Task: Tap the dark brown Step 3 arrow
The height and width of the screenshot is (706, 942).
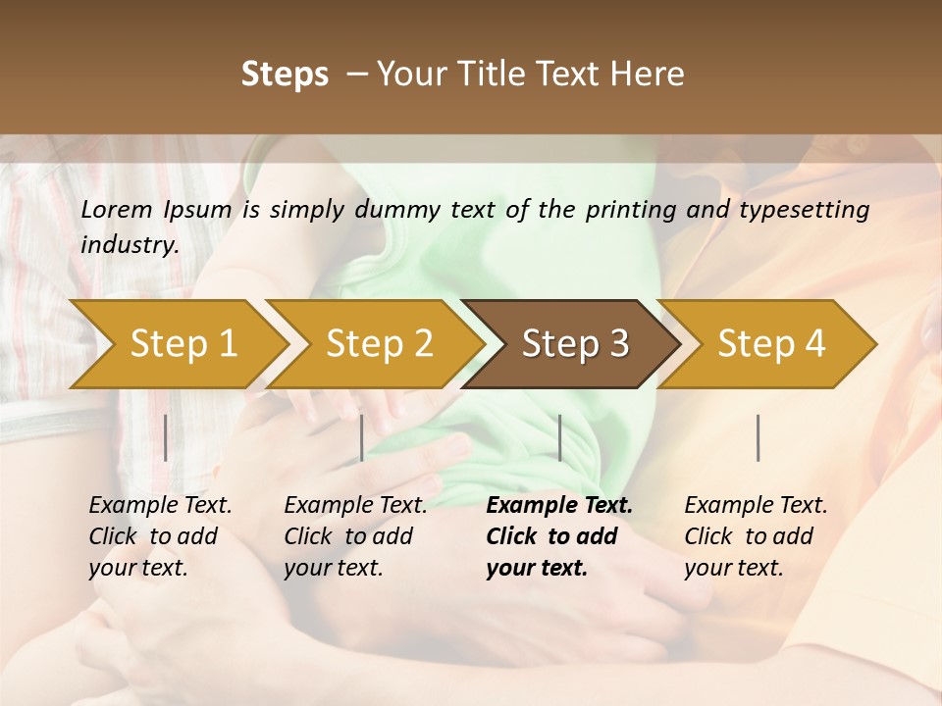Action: coord(575,344)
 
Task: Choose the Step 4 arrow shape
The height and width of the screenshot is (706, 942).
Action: coord(771,344)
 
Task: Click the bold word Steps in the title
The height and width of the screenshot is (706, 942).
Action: coord(285,75)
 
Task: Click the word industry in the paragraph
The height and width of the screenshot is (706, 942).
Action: coord(129,244)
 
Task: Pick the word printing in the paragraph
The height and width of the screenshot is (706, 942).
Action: coord(629,210)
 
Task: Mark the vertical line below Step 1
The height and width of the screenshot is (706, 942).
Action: coord(166,437)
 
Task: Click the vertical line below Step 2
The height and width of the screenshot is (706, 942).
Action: coord(362,437)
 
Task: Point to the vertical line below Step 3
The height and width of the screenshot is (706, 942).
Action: coord(560,437)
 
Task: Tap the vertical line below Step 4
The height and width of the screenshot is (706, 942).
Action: coord(759,437)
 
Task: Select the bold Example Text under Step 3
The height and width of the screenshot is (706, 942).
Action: coord(559,506)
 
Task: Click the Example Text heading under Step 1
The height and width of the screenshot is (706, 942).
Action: coord(160,506)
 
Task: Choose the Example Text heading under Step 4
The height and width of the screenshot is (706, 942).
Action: coord(756,506)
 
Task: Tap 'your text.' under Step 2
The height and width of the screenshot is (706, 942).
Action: coord(333,568)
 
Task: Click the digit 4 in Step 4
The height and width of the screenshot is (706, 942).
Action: coord(814,344)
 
